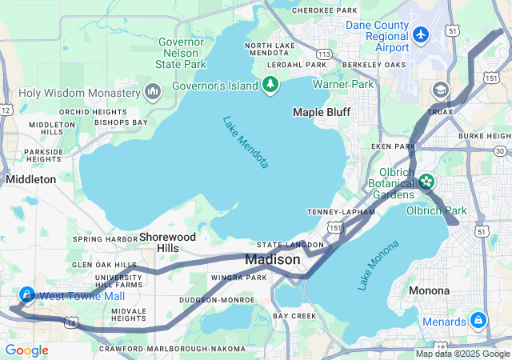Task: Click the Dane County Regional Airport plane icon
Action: (422, 35)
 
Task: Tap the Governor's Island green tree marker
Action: (271, 85)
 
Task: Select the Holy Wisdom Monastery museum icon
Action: (153, 93)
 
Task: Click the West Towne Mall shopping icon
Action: (27, 296)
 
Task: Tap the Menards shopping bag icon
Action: (478, 321)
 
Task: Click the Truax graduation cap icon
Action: (440, 90)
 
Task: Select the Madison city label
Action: (273, 260)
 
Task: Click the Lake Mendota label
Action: (246, 142)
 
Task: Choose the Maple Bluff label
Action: (322, 112)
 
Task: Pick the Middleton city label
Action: (30, 179)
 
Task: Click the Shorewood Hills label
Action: (167, 242)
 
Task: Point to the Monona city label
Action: (430, 290)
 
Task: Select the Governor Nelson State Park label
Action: (182, 52)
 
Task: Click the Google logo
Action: (26, 350)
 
